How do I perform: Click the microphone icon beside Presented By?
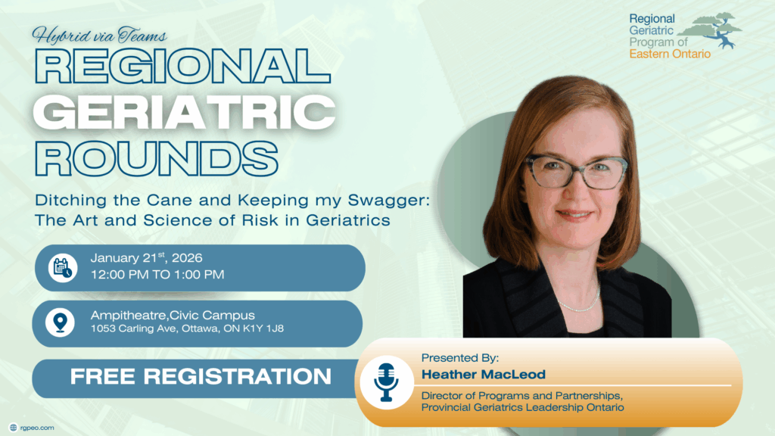[x=386, y=382]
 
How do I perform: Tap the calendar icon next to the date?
[x=63, y=268]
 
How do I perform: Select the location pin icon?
[x=61, y=322]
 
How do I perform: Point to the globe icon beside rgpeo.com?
[x=14, y=428]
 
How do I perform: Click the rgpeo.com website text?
[x=37, y=428]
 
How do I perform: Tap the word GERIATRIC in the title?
[x=185, y=112]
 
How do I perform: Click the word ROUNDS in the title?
[x=156, y=158]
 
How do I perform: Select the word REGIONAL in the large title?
[x=182, y=66]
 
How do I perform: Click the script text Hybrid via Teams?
[x=99, y=35]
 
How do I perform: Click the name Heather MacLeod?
[x=484, y=374]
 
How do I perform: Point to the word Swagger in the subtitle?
[x=388, y=201]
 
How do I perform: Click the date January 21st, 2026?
[x=146, y=257]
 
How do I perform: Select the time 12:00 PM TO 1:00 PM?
[x=157, y=274]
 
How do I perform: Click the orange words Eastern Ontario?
[x=670, y=54]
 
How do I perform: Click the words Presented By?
[x=459, y=357]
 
